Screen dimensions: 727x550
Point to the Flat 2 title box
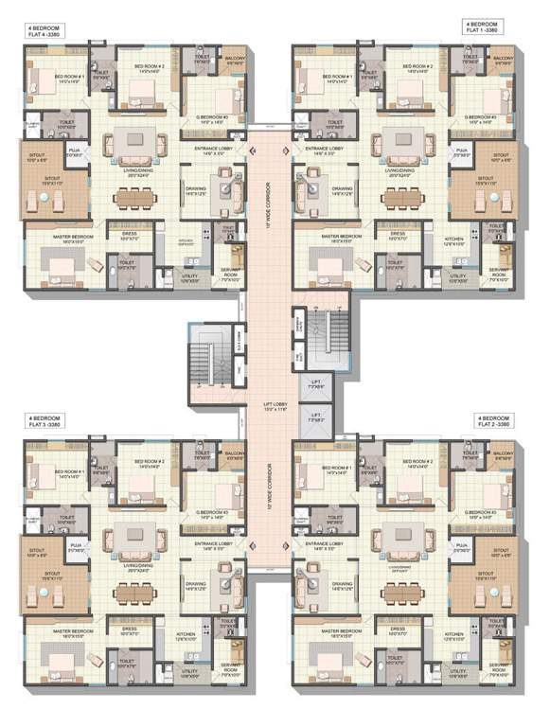pos(493,421)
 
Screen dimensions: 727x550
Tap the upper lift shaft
pos(315,384)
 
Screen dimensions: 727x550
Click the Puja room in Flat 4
pos(74,151)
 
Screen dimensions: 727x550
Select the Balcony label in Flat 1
pos(501,60)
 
